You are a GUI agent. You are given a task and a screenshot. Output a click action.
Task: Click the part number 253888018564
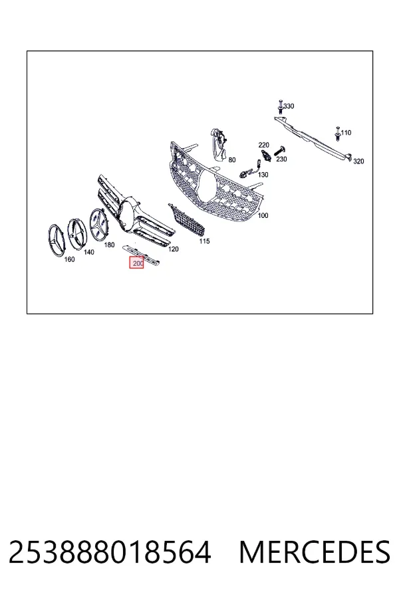[x=110, y=551]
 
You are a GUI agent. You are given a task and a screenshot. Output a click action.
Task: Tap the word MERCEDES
[x=315, y=551]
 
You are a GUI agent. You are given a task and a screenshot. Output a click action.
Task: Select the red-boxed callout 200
[x=137, y=262]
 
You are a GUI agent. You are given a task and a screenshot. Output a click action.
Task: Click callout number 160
[x=69, y=259]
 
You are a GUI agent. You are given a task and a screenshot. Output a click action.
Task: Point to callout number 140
[x=88, y=252]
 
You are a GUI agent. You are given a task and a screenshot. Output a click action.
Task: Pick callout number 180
[x=109, y=245]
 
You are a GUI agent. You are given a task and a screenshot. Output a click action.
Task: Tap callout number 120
[x=174, y=249]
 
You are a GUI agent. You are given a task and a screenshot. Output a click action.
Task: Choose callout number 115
[x=204, y=241]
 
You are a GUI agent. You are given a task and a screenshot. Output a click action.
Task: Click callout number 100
[x=263, y=215]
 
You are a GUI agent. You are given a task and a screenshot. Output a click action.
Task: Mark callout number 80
[x=232, y=160]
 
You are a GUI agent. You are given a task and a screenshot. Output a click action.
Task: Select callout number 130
[x=263, y=175]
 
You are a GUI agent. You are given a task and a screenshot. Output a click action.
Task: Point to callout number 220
[x=263, y=145]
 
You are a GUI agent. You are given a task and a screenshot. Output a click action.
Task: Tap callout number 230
[x=281, y=159]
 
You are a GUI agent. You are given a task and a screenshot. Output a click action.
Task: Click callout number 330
[x=289, y=106]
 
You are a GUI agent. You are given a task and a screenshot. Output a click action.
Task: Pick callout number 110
[x=346, y=133]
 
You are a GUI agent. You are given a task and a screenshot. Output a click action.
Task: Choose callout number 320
[x=358, y=161]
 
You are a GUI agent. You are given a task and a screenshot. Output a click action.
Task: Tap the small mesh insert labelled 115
[x=187, y=220]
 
